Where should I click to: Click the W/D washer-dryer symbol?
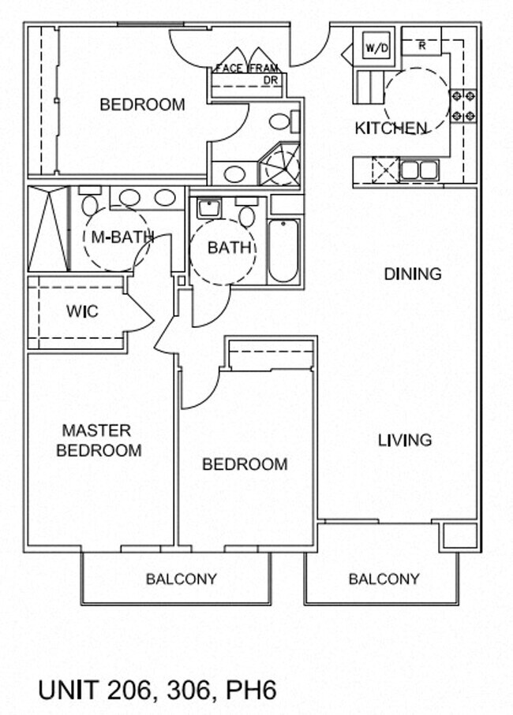click(376, 47)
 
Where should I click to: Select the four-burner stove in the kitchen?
click(464, 106)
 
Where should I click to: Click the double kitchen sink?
click(419, 170)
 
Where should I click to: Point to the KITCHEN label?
click(390, 128)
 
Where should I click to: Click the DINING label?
click(413, 274)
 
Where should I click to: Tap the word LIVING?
click(405, 440)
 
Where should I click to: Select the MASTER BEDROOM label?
click(99, 441)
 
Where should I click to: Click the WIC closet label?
click(82, 311)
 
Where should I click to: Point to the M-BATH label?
click(122, 237)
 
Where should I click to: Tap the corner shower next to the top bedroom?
click(280, 164)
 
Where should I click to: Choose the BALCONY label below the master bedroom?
click(182, 579)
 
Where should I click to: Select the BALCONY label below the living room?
click(384, 579)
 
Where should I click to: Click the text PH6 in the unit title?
click(252, 690)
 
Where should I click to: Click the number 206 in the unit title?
click(129, 690)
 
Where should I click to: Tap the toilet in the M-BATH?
click(89, 202)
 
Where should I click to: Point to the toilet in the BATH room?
click(246, 213)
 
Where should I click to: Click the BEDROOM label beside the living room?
click(245, 464)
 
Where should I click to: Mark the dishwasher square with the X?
click(386, 170)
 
